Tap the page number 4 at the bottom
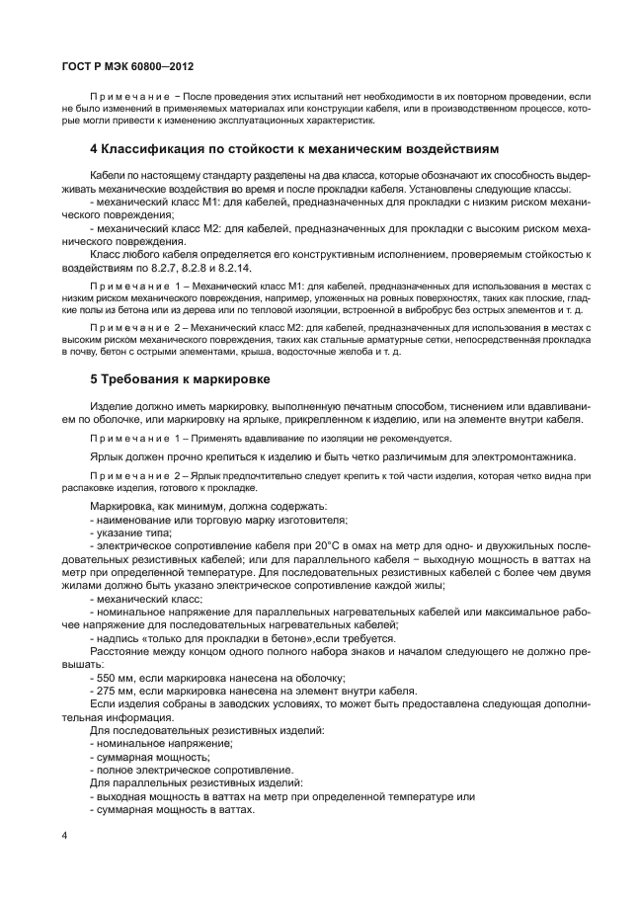(64, 836)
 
